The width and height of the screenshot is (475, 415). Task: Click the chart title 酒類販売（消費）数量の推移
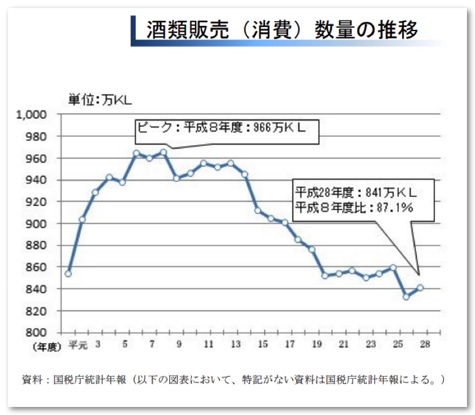[282, 29]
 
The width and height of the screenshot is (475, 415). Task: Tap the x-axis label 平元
[77, 344]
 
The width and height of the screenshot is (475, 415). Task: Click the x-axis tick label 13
[236, 344]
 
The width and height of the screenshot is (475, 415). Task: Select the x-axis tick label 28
[425, 344]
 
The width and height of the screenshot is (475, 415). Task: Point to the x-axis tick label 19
[317, 344]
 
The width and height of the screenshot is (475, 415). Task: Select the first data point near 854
[68, 273]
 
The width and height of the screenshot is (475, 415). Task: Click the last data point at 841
[420, 288]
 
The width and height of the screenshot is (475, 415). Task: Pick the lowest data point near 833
[406, 296]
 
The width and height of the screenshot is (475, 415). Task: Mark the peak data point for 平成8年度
[163, 153]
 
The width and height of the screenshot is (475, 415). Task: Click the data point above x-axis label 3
[95, 192]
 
